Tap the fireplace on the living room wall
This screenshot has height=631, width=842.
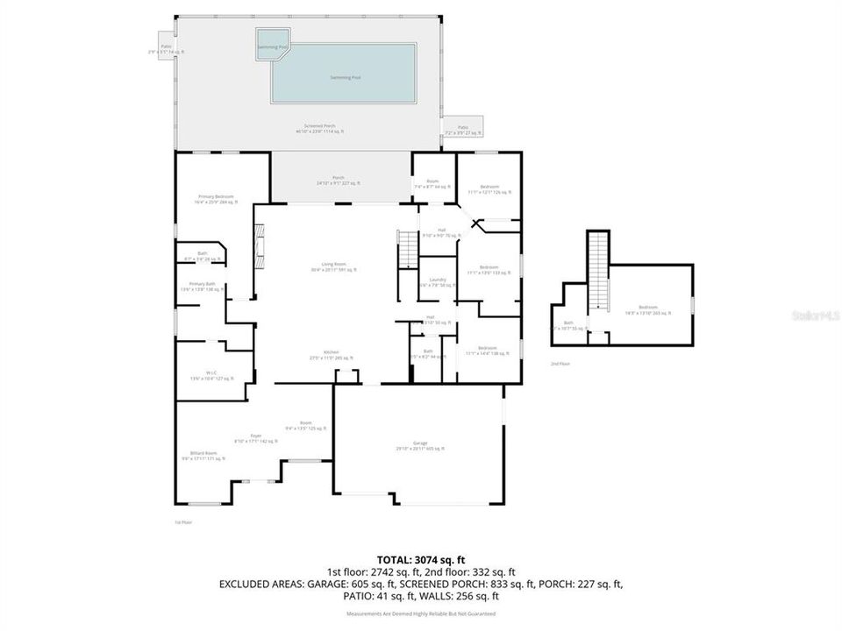[x=259, y=247]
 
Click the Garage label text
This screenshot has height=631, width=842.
[x=419, y=446]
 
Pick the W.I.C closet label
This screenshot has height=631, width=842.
[x=211, y=376]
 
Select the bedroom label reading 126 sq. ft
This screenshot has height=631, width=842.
[x=489, y=189]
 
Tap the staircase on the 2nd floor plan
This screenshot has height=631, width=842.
[x=598, y=272]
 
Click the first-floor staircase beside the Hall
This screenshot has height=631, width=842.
[x=407, y=251]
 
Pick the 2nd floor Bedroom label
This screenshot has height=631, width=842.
[x=647, y=309]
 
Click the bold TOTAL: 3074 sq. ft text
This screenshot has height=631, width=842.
[x=420, y=558]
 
